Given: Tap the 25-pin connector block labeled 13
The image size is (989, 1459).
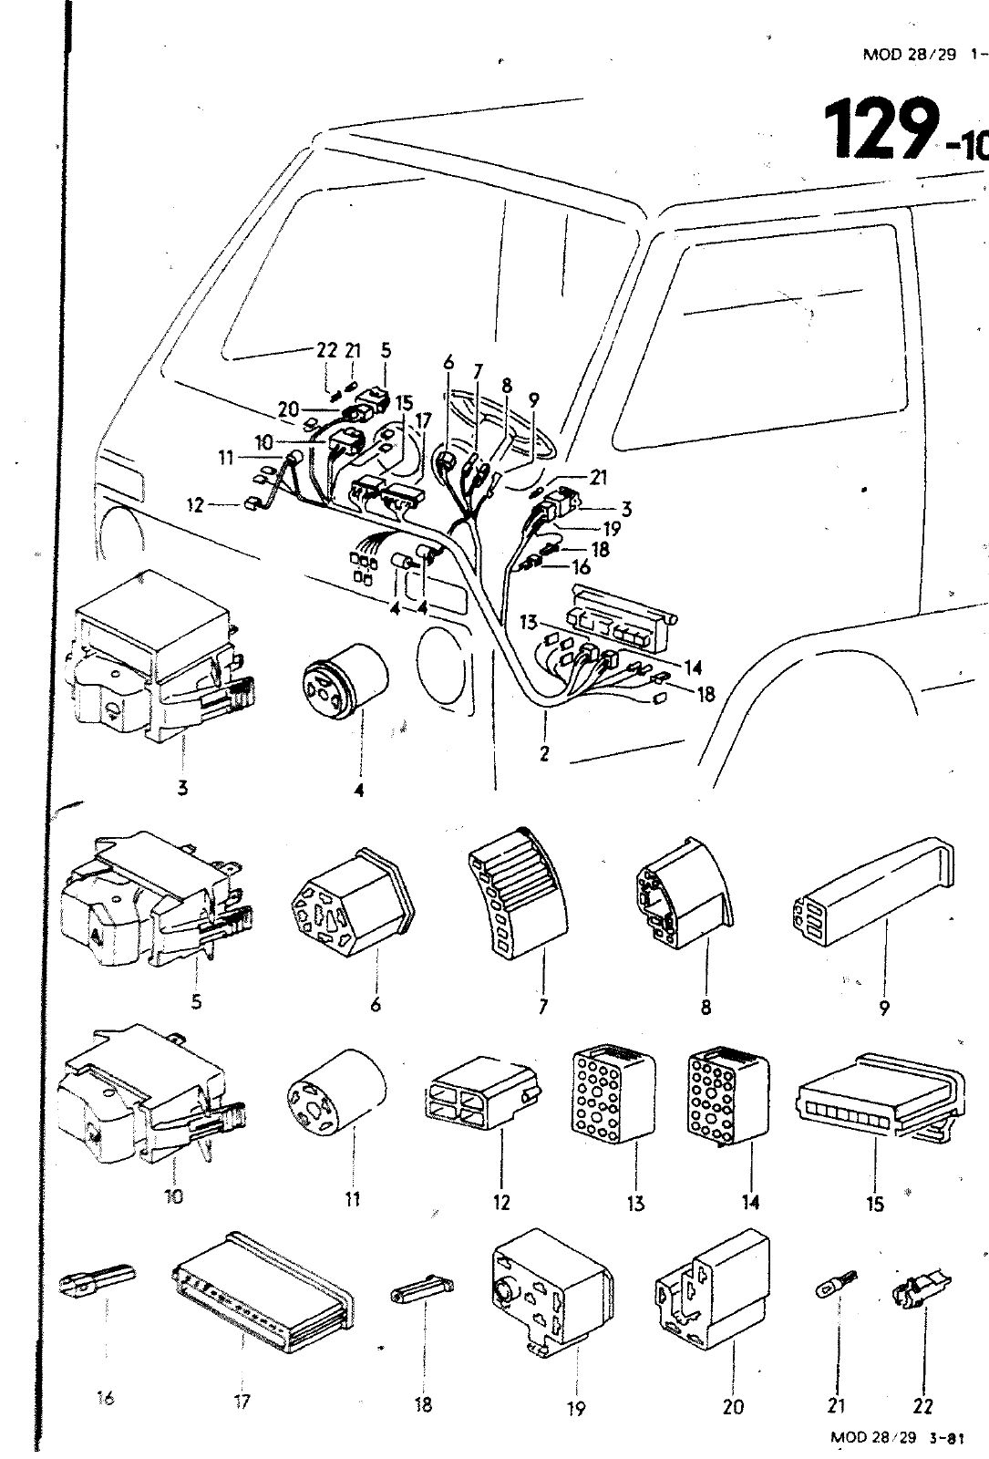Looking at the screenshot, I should tap(610, 1093).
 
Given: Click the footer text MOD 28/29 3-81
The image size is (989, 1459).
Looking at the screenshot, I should tap(897, 1436).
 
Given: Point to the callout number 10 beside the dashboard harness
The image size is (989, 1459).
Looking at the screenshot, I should tap(263, 442).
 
